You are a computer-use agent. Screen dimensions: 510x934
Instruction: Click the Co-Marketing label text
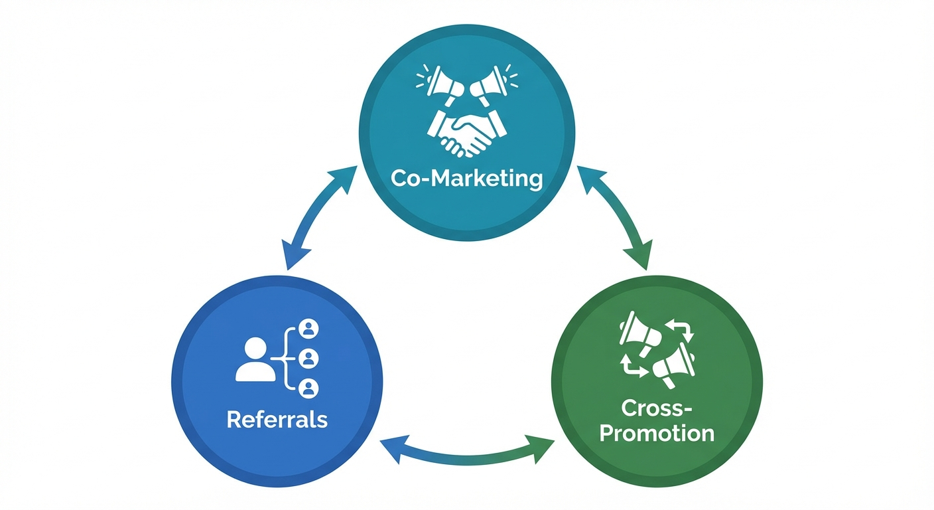coord(466,179)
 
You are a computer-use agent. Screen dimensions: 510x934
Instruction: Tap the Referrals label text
coord(277,420)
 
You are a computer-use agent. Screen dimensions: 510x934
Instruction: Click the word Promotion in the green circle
coord(656,433)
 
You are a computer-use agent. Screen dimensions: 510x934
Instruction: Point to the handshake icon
coord(467,132)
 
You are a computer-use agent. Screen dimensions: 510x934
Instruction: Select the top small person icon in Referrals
coord(308,329)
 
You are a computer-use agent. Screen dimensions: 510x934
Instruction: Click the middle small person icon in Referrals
coord(308,359)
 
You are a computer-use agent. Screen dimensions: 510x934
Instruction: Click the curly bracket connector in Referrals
coord(287,359)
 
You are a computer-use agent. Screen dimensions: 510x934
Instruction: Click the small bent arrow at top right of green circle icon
coord(682,330)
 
